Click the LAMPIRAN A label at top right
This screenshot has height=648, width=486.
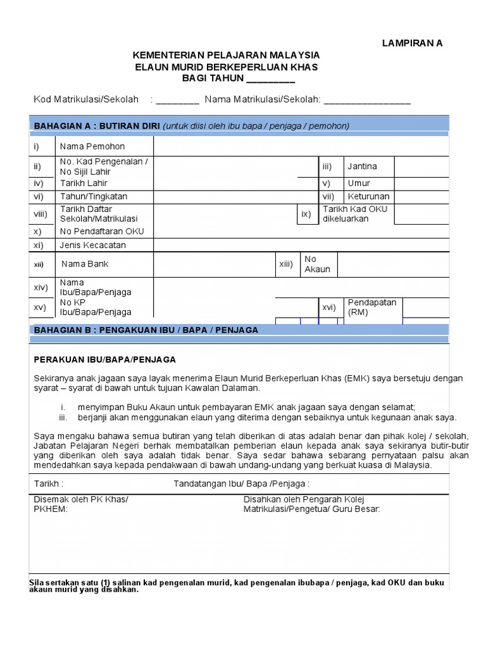point(412,43)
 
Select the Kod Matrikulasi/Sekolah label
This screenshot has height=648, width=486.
point(86,99)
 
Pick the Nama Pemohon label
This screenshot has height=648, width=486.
point(92,147)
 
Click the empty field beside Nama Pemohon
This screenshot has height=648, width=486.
point(301,147)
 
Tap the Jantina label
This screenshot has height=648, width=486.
point(362,166)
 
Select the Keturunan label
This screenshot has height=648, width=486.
point(368,197)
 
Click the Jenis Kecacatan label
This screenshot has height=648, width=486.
point(93,245)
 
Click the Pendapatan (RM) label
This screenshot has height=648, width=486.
point(372,307)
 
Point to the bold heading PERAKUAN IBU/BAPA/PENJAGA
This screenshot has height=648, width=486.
point(104,359)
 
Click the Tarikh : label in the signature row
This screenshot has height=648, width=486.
point(49,484)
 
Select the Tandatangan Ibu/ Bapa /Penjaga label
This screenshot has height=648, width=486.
point(242,484)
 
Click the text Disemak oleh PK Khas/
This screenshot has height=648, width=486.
point(80,499)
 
